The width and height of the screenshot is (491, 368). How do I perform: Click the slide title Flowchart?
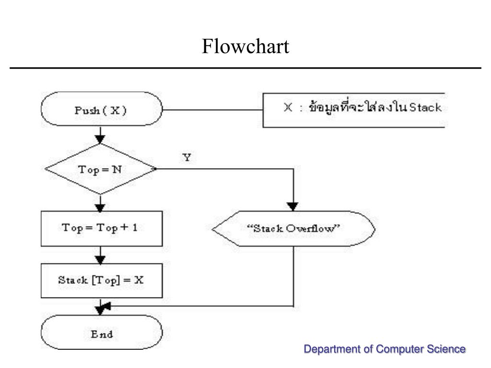pos(245,46)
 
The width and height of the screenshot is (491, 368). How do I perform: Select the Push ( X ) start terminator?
pos(102,109)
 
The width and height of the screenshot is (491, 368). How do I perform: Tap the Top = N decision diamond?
pos(101,169)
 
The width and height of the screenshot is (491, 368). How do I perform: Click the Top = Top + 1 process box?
pos(102,229)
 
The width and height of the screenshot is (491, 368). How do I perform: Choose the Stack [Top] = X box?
pos(102,280)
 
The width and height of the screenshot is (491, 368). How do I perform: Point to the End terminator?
pos(102,332)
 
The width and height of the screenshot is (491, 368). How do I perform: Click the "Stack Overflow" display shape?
pos(293,229)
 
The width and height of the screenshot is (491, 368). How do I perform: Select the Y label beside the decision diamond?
pos(187,157)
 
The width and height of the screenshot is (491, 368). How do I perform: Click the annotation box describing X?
pos(353,110)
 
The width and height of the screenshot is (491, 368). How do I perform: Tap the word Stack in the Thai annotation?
pos(425,107)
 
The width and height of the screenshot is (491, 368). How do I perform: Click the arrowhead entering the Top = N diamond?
pos(100,139)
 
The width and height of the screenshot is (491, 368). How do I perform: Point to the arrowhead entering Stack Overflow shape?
pos(292,207)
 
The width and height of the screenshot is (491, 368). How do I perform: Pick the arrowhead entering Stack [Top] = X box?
pos(100,260)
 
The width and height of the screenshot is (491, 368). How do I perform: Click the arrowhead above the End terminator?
pos(101,310)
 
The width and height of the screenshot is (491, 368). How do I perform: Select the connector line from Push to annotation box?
pos(212,110)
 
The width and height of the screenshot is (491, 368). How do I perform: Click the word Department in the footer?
pos(332,349)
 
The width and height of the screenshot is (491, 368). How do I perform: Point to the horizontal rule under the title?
pos(245,68)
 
